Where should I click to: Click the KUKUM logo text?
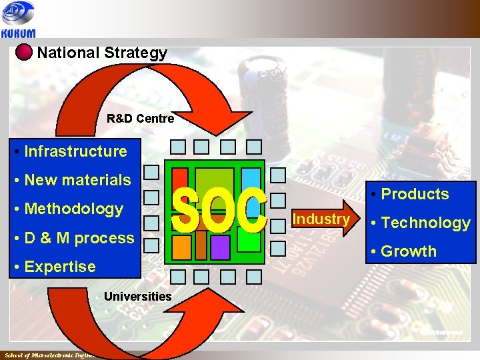18,31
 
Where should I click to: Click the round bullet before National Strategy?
24,53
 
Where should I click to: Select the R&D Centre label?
140,119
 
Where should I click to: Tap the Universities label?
138,296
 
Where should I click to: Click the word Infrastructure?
75,151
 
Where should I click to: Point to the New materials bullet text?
77,180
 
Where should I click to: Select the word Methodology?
73,209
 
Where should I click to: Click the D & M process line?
79,238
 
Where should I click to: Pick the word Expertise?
60,267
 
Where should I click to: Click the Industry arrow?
323,219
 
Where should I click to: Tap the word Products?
415,194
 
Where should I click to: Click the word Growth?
408,251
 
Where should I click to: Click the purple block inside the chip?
221,247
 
